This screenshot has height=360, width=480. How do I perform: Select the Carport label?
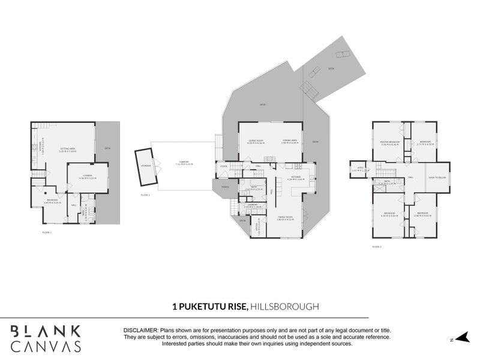[x=184, y=161]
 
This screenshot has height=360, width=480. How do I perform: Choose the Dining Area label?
[x=291, y=141]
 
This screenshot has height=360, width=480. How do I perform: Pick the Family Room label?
[x=284, y=218]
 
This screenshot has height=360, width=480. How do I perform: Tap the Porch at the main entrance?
[x=225, y=187]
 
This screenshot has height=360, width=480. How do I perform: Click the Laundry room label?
[x=252, y=205]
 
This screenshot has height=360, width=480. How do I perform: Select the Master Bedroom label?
[x=389, y=142]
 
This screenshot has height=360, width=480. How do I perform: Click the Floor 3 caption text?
[x=377, y=247]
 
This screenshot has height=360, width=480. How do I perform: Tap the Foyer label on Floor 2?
[x=223, y=166]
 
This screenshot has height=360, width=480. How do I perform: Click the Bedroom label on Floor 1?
[x=52, y=200]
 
